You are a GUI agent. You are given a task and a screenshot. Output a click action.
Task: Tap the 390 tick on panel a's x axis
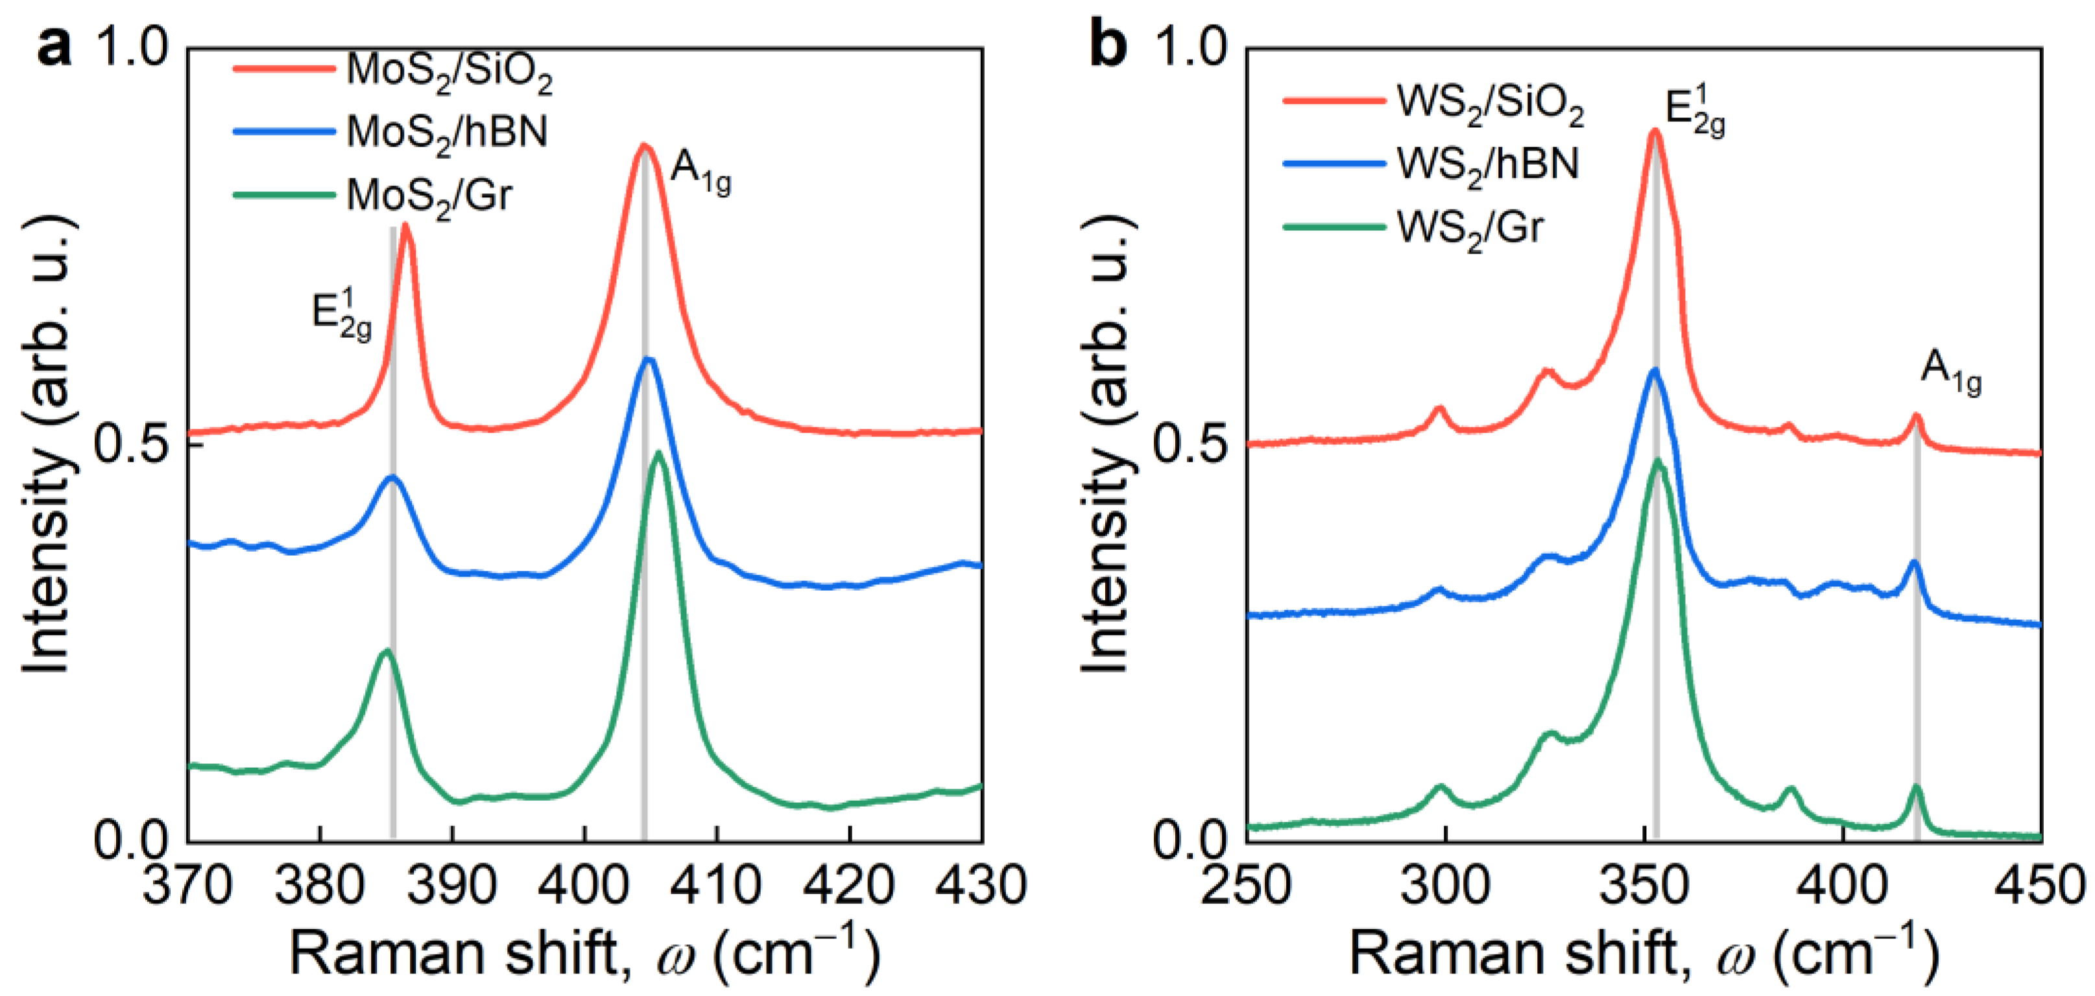click(x=452, y=884)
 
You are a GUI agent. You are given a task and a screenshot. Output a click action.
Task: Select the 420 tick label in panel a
click(x=849, y=884)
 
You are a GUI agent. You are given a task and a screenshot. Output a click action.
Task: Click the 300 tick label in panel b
click(x=1445, y=884)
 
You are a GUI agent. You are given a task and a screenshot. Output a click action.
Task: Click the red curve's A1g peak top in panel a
click(x=644, y=147)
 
